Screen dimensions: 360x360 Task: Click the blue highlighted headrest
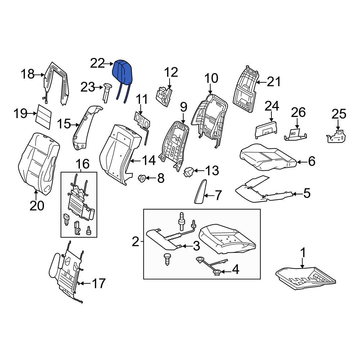click(x=123, y=73)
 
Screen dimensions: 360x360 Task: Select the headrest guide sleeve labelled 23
click(x=107, y=93)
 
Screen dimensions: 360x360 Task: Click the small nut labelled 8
click(x=141, y=178)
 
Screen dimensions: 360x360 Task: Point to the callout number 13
click(x=211, y=170)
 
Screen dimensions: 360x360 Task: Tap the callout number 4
click(x=235, y=269)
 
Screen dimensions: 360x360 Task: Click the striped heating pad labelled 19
click(x=44, y=116)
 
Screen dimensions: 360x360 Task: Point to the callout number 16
click(x=83, y=164)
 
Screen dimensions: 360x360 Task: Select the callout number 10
click(x=211, y=78)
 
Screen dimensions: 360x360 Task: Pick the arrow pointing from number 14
click(x=135, y=161)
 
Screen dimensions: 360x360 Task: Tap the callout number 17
click(x=99, y=283)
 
